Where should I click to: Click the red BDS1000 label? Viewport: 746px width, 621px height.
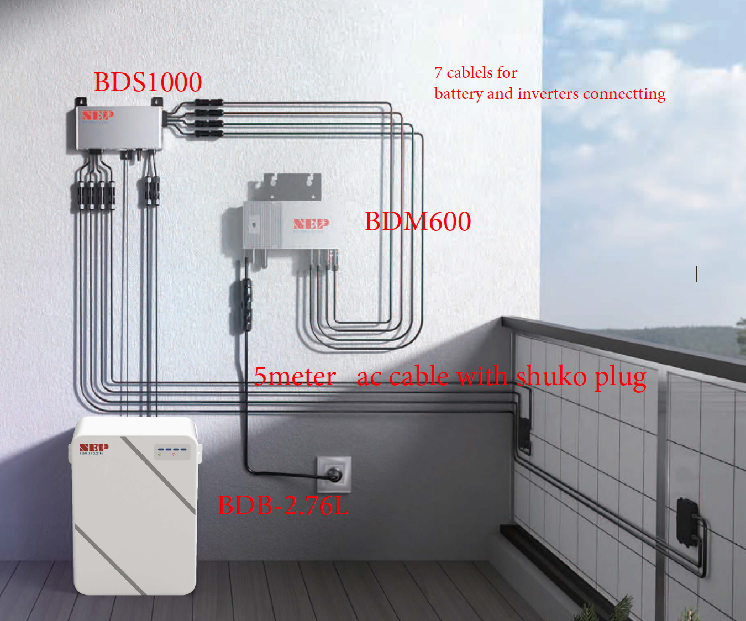pyautogui.click(x=148, y=82)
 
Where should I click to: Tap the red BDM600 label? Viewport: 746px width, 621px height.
pyautogui.click(x=417, y=222)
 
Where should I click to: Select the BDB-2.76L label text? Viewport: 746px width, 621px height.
pyautogui.click(x=283, y=505)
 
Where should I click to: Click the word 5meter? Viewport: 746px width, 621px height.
pyautogui.click(x=295, y=376)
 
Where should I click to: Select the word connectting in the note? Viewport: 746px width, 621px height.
pyautogui.click(x=624, y=94)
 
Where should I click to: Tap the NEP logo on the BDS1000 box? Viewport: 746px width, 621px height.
pyautogui.click(x=98, y=115)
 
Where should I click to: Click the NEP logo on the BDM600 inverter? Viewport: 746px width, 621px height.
pyautogui.click(x=311, y=224)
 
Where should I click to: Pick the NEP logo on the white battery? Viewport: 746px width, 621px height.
pyautogui.click(x=93, y=448)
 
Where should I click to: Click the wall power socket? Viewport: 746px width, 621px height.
pyautogui.click(x=334, y=474)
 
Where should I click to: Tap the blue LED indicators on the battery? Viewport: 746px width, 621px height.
pyautogui.click(x=172, y=450)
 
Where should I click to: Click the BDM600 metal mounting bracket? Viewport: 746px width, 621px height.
pyautogui.click(x=291, y=187)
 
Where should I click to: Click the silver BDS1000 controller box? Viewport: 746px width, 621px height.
pyautogui.click(x=119, y=128)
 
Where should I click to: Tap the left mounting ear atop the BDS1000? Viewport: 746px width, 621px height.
pyautogui.click(x=81, y=102)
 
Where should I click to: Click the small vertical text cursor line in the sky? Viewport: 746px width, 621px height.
pyautogui.click(x=697, y=273)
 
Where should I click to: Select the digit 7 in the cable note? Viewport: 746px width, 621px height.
pyautogui.click(x=438, y=73)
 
